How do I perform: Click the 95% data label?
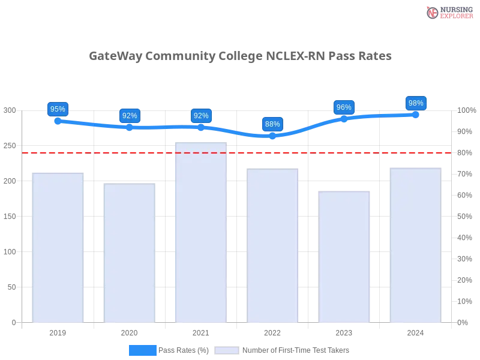coord(58,109)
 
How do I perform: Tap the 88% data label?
coord(272,124)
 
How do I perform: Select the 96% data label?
coord(344,107)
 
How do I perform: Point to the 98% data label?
coord(415,103)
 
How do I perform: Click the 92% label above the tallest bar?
coord(201,116)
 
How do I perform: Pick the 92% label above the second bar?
coord(129,116)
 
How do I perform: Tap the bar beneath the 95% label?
coord(58,246)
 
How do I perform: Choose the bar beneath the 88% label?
coord(272,246)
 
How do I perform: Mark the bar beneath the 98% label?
coord(415,244)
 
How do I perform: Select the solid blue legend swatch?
coord(142,350)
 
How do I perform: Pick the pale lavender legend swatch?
coord(227,350)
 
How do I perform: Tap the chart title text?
coord(240,56)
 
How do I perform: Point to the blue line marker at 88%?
coord(272,137)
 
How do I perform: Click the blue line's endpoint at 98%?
coord(415,114)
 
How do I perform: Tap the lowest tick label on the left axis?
coord(13,322)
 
